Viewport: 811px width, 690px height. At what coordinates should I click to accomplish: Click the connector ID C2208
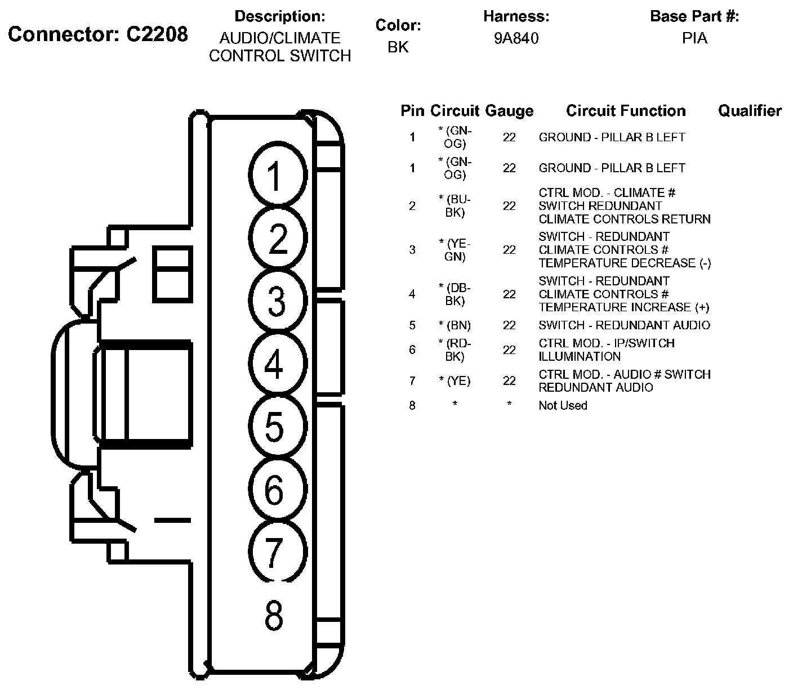[x=157, y=34]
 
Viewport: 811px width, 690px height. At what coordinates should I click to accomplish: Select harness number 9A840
[x=516, y=38]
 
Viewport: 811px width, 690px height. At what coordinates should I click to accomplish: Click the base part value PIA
[x=694, y=38]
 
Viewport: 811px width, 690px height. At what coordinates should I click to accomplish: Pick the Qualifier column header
[x=750, y=111]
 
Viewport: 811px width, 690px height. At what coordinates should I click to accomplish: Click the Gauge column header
[x=509, y=111]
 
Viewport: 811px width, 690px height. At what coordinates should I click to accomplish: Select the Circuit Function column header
[x=626, y=111]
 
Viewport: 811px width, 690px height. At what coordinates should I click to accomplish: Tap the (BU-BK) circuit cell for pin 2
[x=454, y=206]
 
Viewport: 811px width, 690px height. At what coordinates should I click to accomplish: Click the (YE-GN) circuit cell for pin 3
[x=454, y=250]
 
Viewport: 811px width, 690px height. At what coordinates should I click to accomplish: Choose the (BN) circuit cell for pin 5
[x=454, y=325]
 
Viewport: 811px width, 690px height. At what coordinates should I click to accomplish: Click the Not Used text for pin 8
[x=563, y=405]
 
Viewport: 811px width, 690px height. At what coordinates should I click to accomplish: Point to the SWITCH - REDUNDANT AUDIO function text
[x=624, y=325]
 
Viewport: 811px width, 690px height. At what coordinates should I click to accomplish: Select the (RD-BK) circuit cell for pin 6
[x=454, y=350]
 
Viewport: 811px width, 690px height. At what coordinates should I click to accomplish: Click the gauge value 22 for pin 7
[x=509, y=380]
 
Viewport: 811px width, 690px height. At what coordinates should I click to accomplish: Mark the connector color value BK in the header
[x=398, y=47]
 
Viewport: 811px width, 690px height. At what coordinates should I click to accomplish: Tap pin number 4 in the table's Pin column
[x=412, y=294]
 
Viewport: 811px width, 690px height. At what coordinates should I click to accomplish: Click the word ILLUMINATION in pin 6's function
[x=580, y=356]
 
